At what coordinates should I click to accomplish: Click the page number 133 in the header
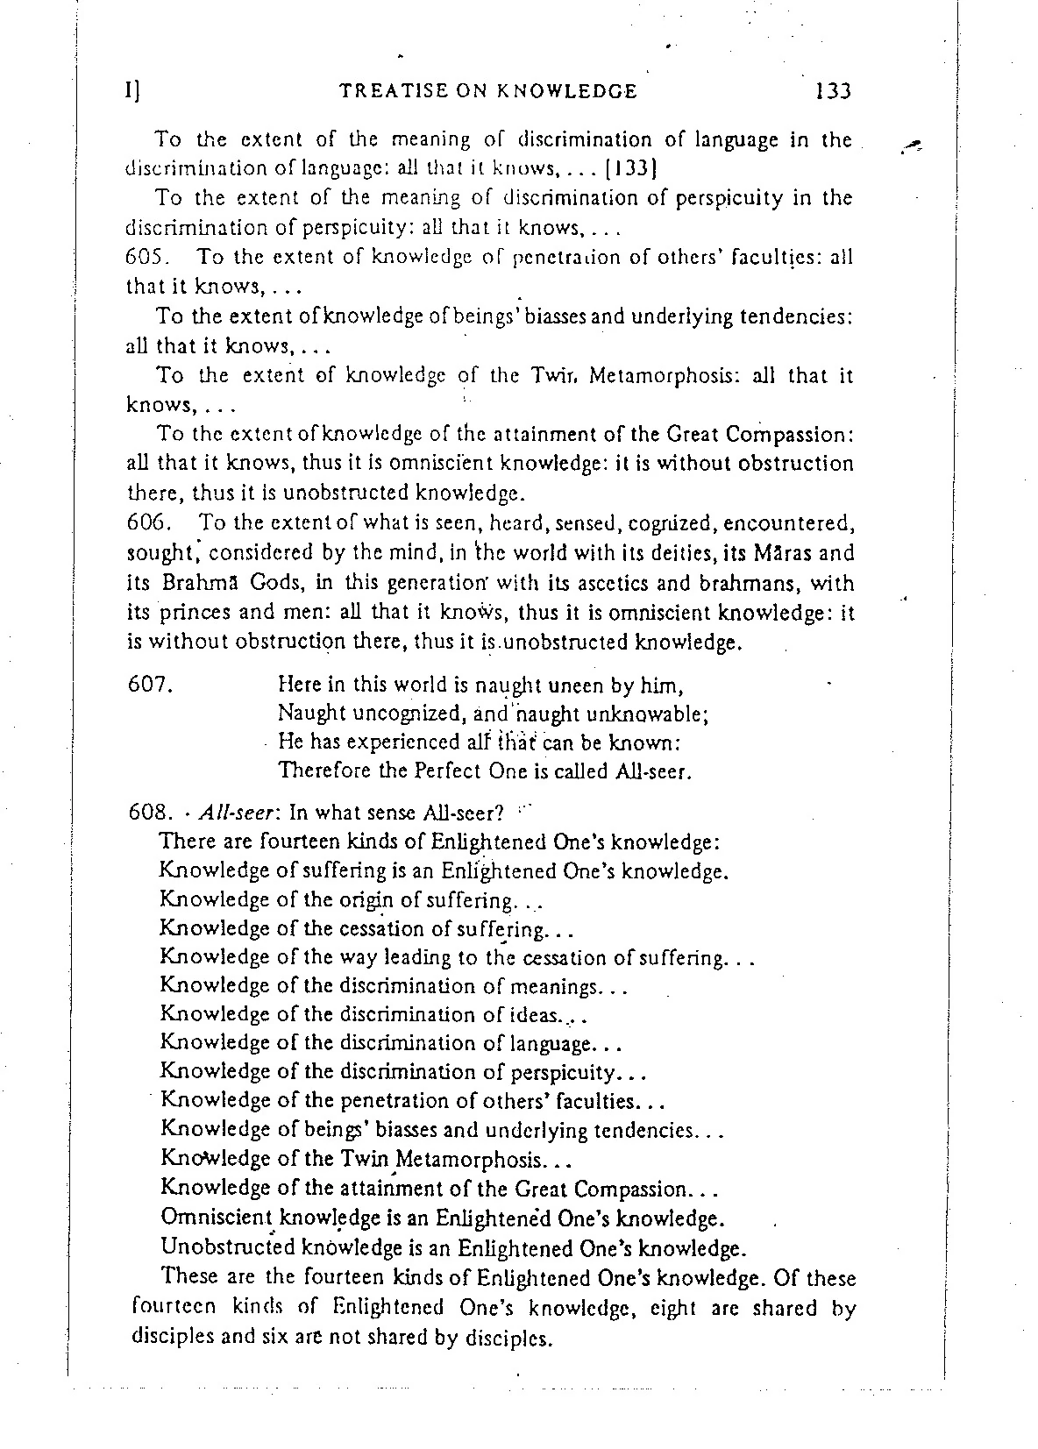coord(833,90)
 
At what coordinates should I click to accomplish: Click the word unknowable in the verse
coord(651,714)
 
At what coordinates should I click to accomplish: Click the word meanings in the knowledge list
coord(553,986)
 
